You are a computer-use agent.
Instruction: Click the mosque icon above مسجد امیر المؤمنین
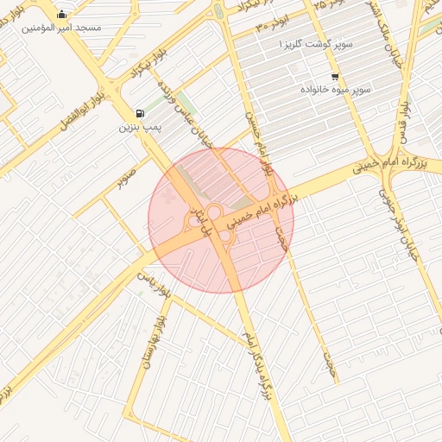point(61,14)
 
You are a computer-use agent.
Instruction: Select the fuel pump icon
point(140,113)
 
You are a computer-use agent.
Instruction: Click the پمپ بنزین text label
point(141,128)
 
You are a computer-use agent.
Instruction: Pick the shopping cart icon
point(334,76)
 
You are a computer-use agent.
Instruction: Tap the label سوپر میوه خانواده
point(336,89)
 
